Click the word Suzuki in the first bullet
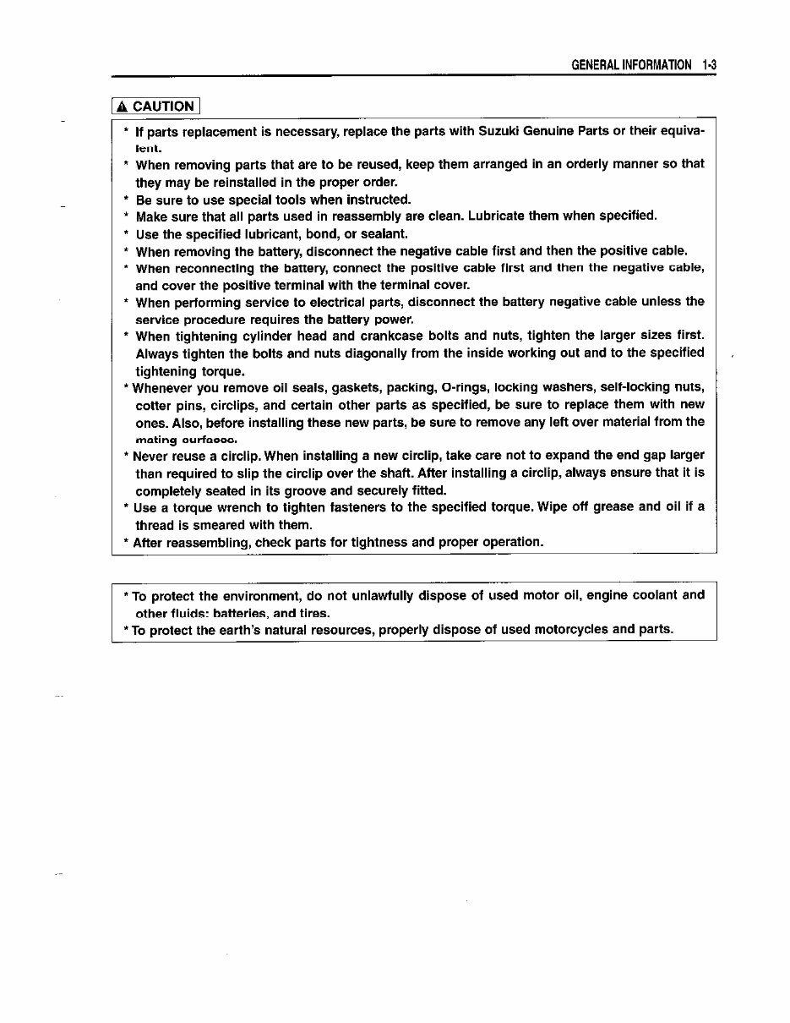pyautogui.click(x=499, y=132)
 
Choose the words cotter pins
pyautogui.click(x=174, y=405)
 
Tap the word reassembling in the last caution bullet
pyautogui.click(x=204, y=542)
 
